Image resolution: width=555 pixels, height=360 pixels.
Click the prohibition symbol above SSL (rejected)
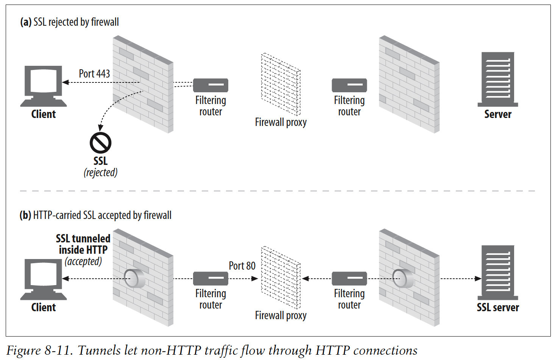(x=100, y=143)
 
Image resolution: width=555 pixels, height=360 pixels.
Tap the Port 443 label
(x=94, y=73)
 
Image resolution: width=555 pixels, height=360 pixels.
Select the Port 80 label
(x=242, y=266)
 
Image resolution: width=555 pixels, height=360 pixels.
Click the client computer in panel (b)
(x=43, y=279)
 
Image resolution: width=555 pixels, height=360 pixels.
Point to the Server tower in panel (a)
(x=497, y=79)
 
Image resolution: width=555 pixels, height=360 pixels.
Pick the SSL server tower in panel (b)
(x=497, y=272)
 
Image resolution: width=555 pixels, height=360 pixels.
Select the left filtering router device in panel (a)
(x=210, y=85)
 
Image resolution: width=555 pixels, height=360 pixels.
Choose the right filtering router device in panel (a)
(x=349, y=85)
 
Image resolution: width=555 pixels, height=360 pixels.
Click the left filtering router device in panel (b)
(x=210, y=279)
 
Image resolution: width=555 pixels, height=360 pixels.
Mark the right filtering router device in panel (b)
(x=349, y=279)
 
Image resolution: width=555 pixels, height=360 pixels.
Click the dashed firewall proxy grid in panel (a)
(x=281, y=84)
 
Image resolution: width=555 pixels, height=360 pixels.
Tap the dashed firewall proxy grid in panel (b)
(x=281, y=278)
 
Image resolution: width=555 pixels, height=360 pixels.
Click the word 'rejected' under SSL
(x=100, y=173)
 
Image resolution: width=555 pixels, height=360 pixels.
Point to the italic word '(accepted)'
(x=83, y=261)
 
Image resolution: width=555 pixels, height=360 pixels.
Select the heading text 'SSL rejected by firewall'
(x=76, y=22)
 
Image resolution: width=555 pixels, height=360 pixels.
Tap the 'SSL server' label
(x=497, y=307)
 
